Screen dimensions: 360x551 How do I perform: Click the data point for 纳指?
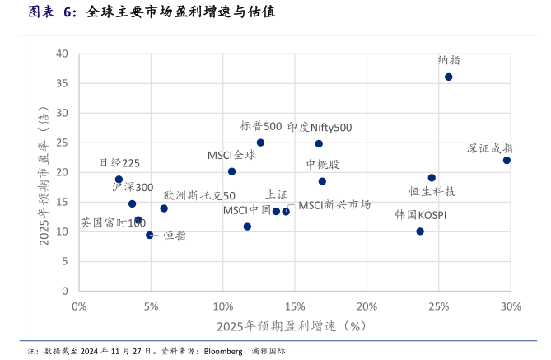tap(448, 77)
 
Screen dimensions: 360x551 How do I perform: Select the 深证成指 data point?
tap(507, 160)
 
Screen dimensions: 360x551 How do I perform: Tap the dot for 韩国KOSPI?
tap(420, 231)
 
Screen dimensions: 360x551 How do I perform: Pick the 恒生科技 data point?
tap(432, 178)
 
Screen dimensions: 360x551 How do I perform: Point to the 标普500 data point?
tap(260, 143)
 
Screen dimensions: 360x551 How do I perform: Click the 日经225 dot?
tap(119, 180)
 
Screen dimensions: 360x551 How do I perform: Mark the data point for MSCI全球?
tap(231, 171)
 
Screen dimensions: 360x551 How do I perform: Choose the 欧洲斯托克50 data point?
tap(164, 208)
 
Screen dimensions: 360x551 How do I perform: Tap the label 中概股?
tap(322, 165)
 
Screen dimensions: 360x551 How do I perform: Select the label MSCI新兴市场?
tap(334, 204)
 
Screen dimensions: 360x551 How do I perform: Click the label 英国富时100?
tap(113, 223)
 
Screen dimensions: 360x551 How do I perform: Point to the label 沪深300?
tap(133, 187)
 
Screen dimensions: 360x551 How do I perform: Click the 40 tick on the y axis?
tap(62, 54)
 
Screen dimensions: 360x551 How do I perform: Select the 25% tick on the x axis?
tap(439, 306)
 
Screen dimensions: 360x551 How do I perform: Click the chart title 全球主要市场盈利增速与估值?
tap(180, 13)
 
